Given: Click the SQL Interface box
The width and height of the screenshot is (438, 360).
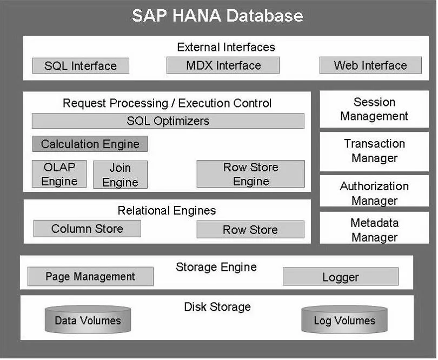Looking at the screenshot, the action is pos(81,66).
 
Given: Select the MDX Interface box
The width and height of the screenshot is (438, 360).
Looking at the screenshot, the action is pos(223,65).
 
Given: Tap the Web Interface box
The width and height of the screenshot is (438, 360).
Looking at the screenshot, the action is pos(370,65).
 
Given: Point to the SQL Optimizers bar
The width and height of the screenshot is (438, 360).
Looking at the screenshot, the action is pos(168,121).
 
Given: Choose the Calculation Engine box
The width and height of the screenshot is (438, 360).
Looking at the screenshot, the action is pos(90,144).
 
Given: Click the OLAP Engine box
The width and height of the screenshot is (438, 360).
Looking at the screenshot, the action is pos(59,174).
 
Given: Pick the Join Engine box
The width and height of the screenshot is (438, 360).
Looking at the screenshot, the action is pos(120,175).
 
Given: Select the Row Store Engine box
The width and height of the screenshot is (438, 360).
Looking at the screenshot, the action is pos(250,174).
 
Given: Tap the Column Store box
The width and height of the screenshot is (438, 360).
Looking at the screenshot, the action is pos(87,229).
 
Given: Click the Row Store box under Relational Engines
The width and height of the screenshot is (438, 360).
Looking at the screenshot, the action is pos(250,229).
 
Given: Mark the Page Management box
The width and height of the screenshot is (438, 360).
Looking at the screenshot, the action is pos(90,277).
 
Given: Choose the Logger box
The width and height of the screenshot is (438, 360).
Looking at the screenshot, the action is pos(341,277).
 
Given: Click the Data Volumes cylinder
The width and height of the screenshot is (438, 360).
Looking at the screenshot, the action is pos(88,319).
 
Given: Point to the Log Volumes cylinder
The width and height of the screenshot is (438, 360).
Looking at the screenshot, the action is pos(344,319).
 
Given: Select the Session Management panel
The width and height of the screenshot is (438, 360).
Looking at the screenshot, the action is pos(374,109).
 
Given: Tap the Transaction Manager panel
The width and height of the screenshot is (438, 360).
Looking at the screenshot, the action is pos(374,151).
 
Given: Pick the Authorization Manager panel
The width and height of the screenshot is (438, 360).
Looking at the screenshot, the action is pos(374,191).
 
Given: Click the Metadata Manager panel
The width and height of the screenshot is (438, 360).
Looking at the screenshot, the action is pos(374,228).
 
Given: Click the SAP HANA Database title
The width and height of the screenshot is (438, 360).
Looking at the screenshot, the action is pos(217,15).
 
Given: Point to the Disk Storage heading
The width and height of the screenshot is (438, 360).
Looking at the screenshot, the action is pos(217,306).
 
